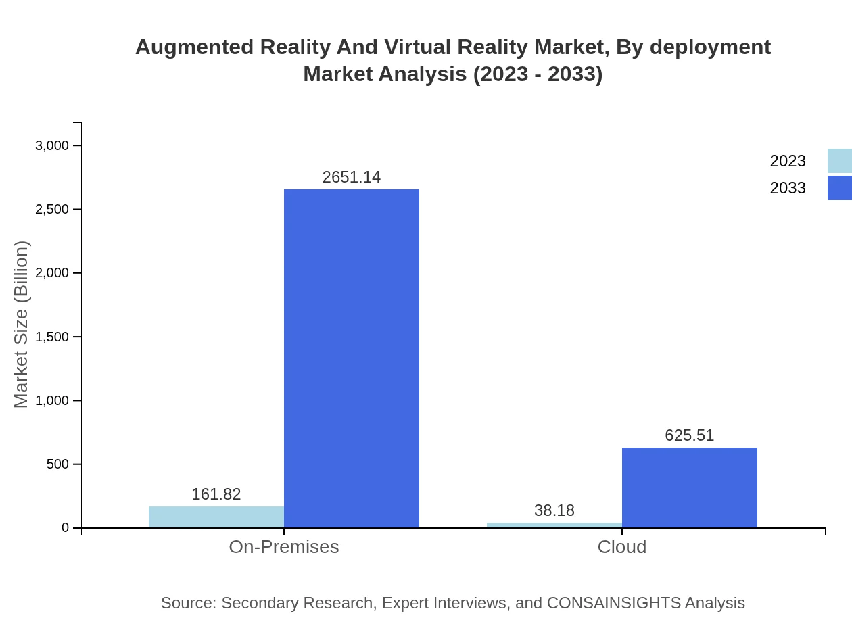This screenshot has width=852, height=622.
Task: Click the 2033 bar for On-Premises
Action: point(352,358)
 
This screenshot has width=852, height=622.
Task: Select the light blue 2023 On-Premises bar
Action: point(216,517)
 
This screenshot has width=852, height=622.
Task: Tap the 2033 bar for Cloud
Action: point(690,487)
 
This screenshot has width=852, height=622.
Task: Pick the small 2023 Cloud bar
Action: point(554,525)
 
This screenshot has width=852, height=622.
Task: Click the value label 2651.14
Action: point(352,177)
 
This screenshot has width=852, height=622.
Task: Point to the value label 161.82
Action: point(216,494)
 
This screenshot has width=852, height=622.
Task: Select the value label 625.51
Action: point(690,435)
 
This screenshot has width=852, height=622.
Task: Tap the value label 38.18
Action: point(554,510)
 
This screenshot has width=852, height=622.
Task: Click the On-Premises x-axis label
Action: point(284,546)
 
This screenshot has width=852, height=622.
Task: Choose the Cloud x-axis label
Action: point(622,546)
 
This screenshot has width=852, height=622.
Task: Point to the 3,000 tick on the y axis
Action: point(52,145)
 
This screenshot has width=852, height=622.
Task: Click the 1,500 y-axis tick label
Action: point(52,337)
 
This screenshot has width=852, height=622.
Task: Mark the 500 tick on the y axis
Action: point(57,464)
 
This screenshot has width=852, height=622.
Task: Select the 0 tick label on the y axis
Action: point(66,528)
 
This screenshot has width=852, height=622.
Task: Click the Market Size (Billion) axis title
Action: point(21,325)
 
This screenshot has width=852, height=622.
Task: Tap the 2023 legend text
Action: point(788,161)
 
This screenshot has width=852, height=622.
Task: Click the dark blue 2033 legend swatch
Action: point(839,188)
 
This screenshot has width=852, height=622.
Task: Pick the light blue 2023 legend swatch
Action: point(839,161)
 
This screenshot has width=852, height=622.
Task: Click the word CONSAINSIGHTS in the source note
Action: point(613,603)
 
